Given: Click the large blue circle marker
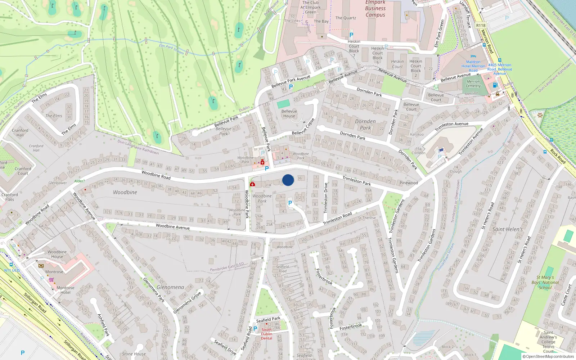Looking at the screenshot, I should tap(288, 180).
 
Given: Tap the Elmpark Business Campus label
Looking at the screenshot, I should tap(375, 9).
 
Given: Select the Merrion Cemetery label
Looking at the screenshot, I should tap(473, 84).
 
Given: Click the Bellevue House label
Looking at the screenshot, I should tap(289, 113).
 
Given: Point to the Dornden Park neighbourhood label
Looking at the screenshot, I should tap(365, 125).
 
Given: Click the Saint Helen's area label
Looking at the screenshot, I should tap(507, 229).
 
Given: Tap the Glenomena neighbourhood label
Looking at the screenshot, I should tap(170, 287).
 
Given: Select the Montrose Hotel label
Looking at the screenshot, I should tap(65, 290).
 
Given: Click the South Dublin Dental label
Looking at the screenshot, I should tap(266, 334).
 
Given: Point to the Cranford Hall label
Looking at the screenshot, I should tap(20, 132).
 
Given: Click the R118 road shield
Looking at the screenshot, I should tap(481, 25).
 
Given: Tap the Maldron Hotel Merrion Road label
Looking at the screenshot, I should tap(473, 66).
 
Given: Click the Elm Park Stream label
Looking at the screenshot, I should tap(172, 49).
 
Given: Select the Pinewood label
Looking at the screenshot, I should tap(409, 183).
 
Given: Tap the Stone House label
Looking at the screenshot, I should tap(134, 354).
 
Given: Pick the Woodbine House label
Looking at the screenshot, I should tap(57, 254).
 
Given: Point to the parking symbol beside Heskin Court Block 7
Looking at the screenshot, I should tap(351, 35).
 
